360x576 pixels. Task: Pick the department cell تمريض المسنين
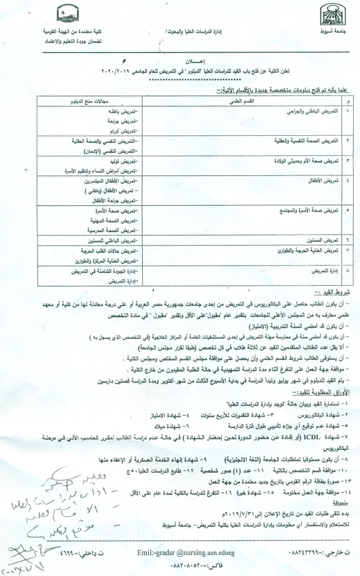[x=323, y=240]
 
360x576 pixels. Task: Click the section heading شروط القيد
[x=338, y=293]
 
